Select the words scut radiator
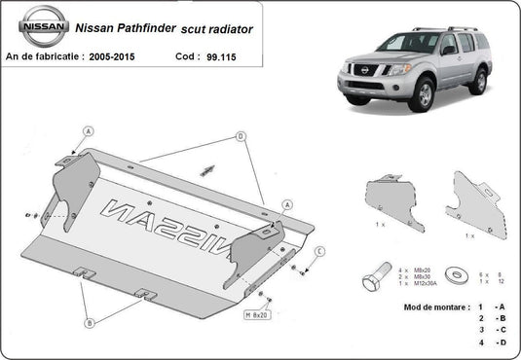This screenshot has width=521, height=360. coord(216,29)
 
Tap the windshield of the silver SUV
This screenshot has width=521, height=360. coord(410,43)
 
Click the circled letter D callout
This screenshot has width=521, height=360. coord(241,137)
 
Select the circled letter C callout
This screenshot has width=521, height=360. coord(318,252)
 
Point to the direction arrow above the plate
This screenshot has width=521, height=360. coord(207,170)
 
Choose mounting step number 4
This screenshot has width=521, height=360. coord(479,342)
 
